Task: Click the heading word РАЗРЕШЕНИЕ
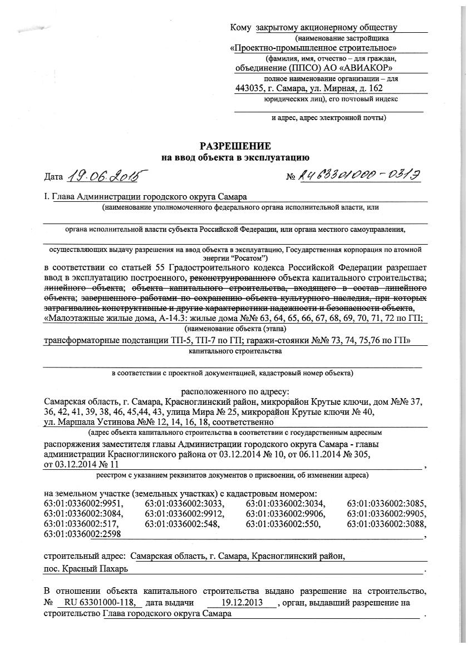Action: pyautogui.click(x=235, y=147)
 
